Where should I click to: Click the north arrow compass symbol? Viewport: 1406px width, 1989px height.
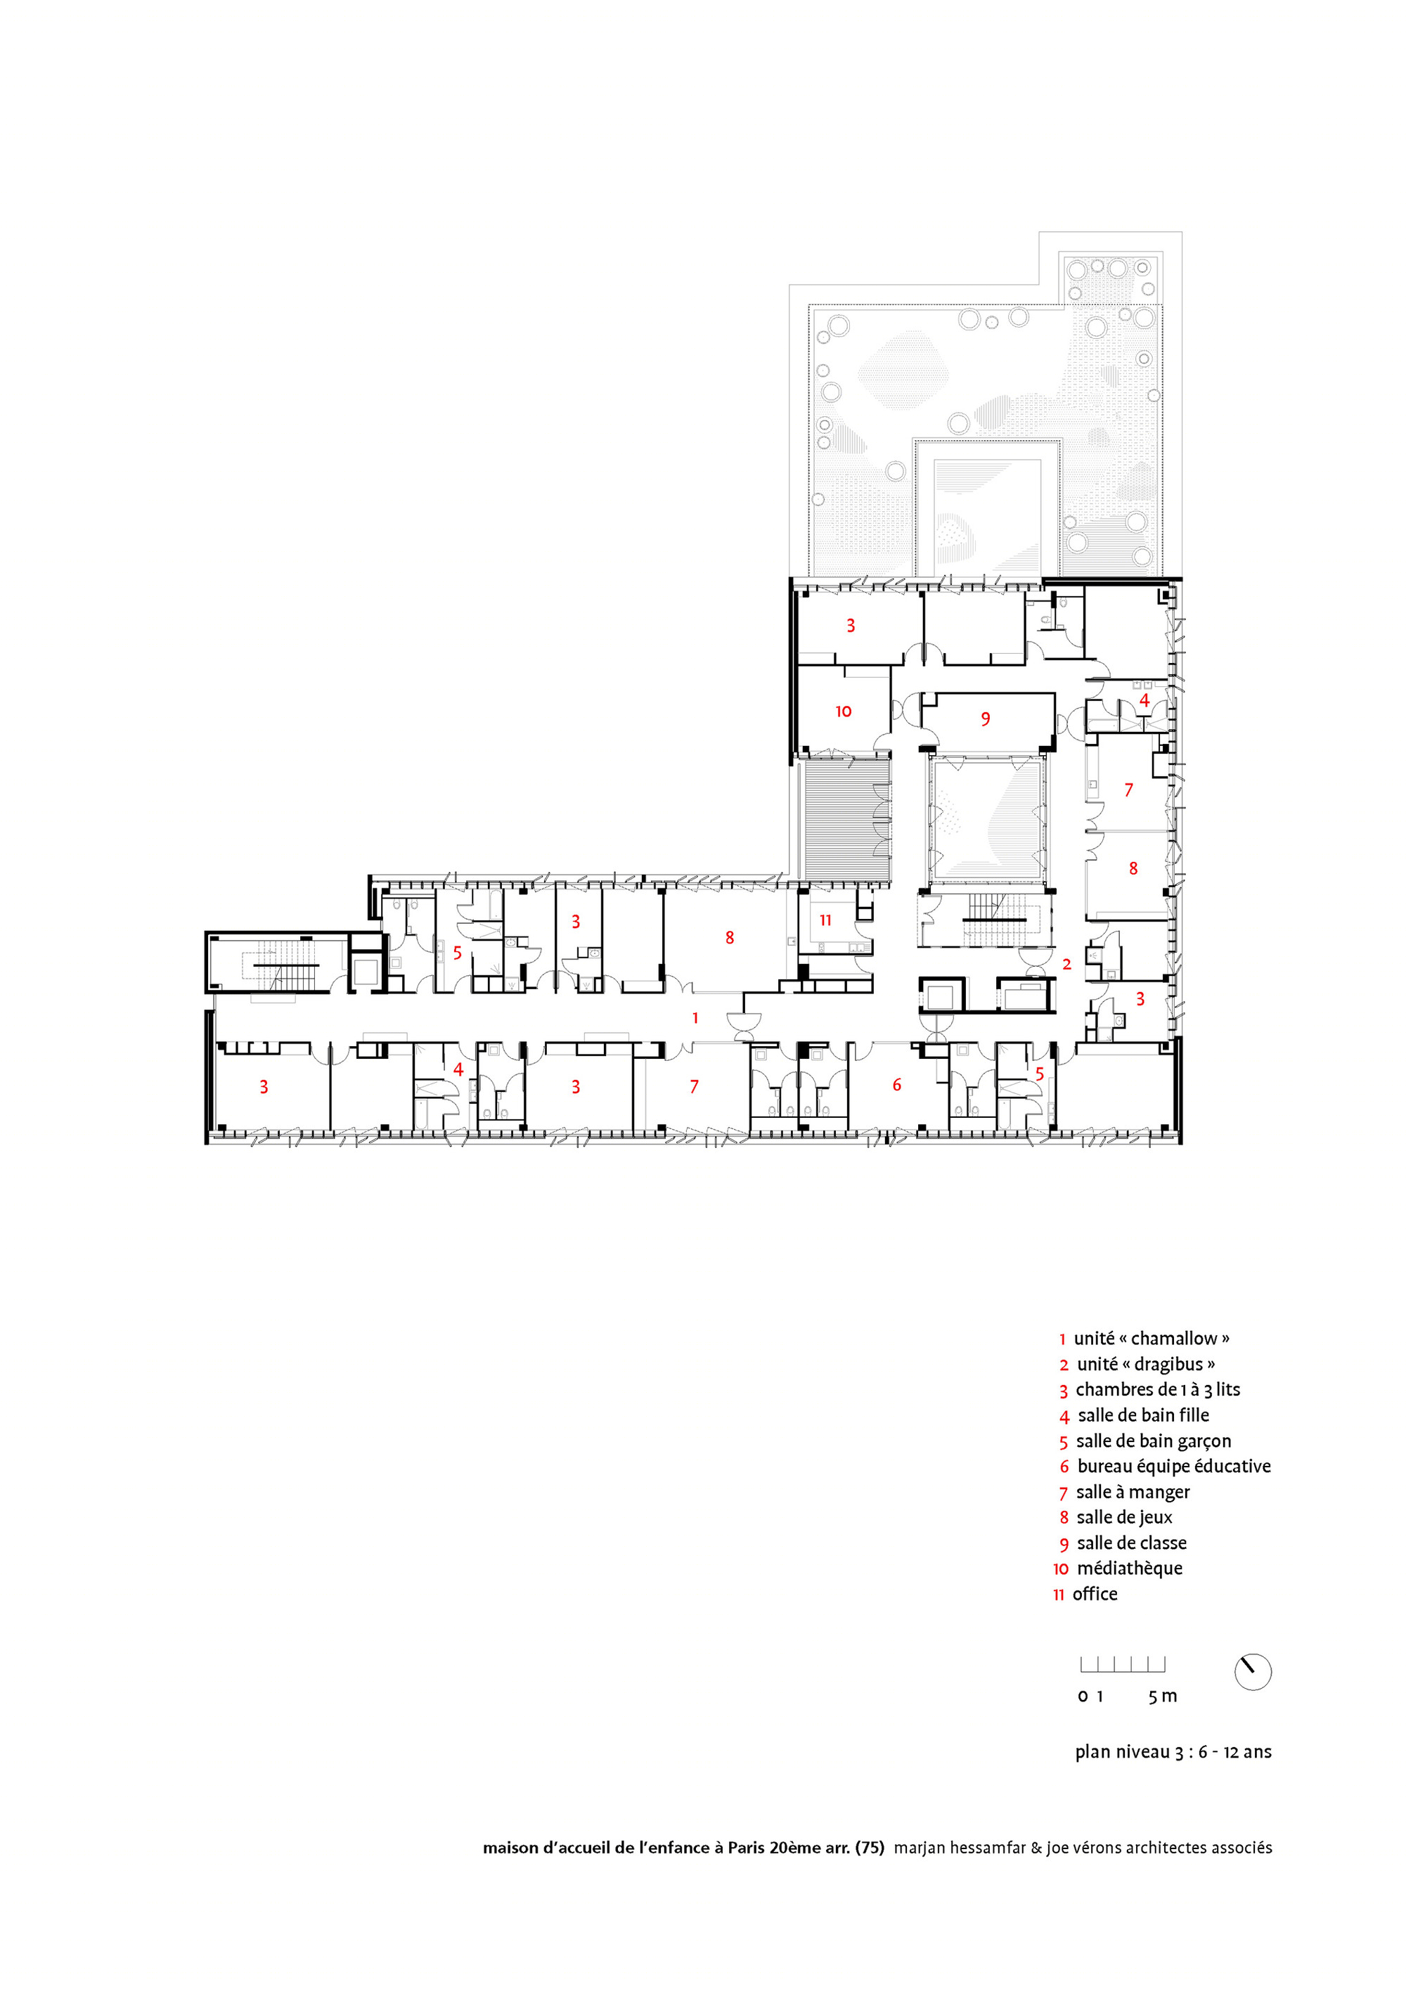coord(1252,1671)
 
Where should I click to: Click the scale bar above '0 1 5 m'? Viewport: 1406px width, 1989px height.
coord(1122,1664)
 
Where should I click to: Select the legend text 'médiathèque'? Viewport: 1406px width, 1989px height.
coord(1129,1568)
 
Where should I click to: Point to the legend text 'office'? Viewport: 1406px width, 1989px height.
coord(1095,1594)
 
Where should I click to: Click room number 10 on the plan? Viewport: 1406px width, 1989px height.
coord(843,712)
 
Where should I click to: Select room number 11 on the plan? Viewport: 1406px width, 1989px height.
coord(825,920)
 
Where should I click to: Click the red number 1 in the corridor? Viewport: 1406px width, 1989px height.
coord(695,1018)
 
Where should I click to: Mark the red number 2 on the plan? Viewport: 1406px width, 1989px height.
coord(1066,963)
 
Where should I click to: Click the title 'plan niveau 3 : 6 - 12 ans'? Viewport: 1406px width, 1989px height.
coord(1173,1751)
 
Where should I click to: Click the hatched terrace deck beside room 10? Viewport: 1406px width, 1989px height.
coord(847,820)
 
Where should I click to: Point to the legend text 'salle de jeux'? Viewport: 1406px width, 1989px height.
coord(1125,1517)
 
